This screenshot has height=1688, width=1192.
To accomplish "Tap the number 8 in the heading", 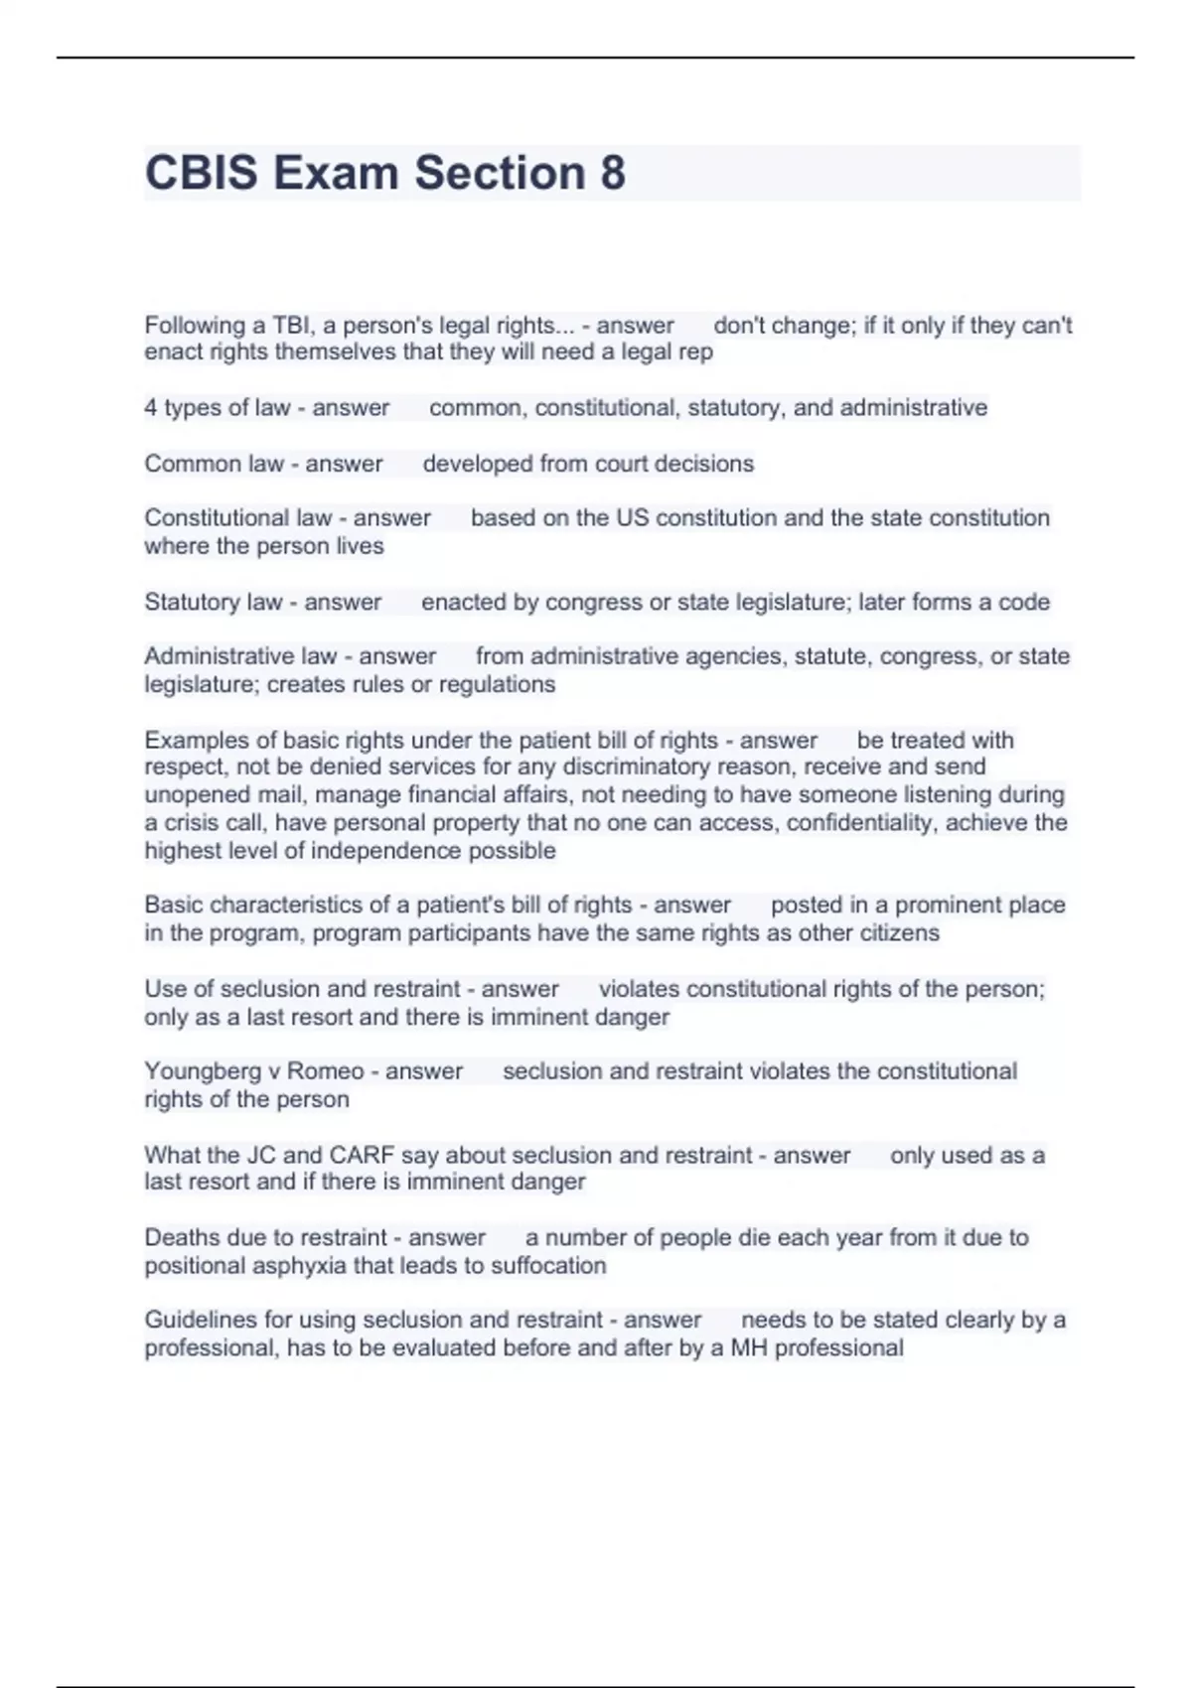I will (613, 173).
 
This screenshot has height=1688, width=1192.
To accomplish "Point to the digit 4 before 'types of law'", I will (151, 408).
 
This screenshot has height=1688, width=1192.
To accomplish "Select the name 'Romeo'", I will (325, 1072).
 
